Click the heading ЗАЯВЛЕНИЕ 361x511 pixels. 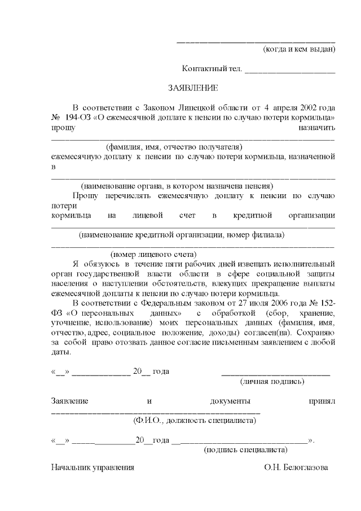192,88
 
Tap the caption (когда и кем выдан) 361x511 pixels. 300,49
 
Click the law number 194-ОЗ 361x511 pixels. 76,117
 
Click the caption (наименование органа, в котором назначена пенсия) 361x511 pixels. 177,185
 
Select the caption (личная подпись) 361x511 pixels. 273,382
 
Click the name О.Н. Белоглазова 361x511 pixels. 295,468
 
